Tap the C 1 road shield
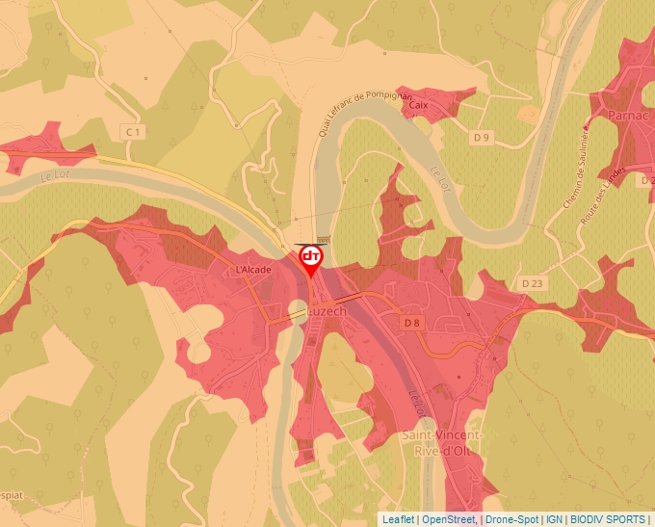tap(133, 131)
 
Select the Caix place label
tap(418, 106)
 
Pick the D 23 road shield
tap(533, 283)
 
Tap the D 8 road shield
tap(412, 323)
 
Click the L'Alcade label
tap(253, 271)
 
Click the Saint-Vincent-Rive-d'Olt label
tap(443, 443)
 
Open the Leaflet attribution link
tap(398, 519)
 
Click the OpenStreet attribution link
tap(449, 519)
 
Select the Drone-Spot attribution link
tap(512, 519)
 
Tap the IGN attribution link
tap(555, 519)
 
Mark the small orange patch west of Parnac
tap(529, 114)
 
